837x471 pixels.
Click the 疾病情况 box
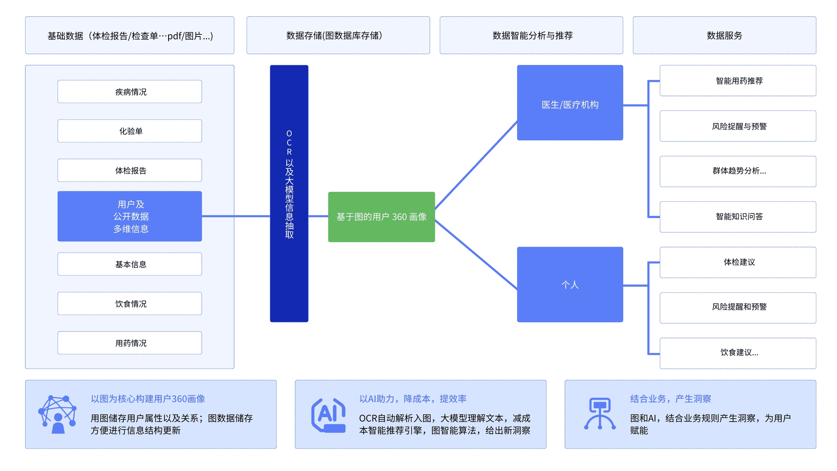[130, 92]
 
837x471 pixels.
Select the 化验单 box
[130, 131]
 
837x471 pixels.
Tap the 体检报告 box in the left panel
[130, 170]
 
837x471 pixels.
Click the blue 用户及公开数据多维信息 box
[130, 216]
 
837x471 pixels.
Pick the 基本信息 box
[130, 264]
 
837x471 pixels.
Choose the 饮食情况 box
[130, 304]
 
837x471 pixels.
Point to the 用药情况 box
[130, 343]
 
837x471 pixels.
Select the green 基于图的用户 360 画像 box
[381, 217]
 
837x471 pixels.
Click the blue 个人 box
[570, 285]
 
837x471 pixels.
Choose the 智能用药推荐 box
[738, 81]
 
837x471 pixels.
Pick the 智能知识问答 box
[738, 217]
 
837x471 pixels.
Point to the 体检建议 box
[738, 263]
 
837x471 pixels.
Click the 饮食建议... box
[738, 353]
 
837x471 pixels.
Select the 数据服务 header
[724, 36]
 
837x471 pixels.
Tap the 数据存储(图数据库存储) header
[338, 36]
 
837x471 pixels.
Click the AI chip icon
[329, 415]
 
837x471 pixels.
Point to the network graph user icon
[57, 414]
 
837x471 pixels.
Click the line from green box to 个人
[476, 255]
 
